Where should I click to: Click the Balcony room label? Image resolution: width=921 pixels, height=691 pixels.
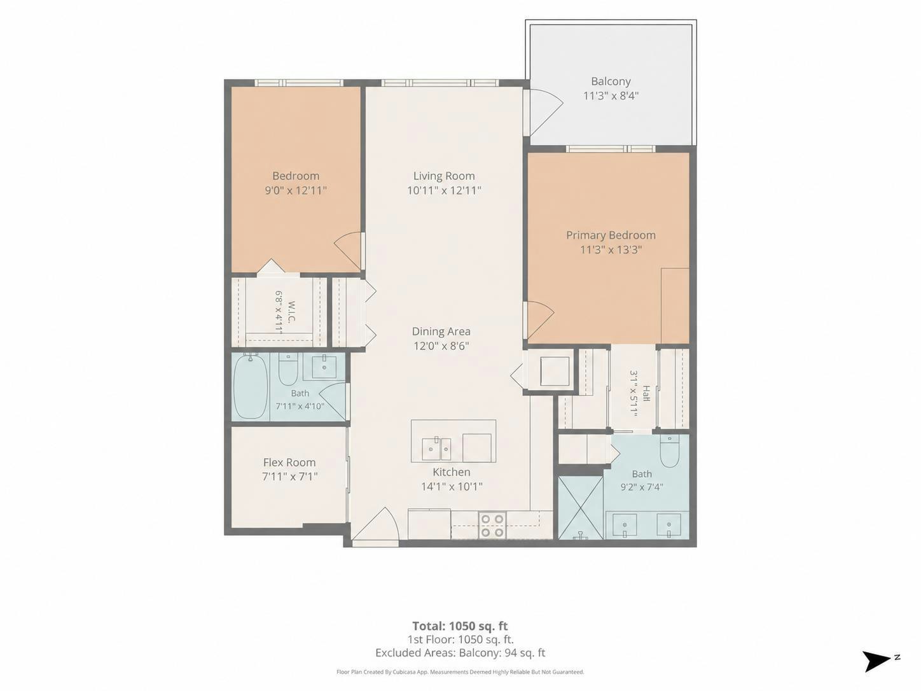611,81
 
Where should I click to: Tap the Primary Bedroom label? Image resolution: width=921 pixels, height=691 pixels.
611,235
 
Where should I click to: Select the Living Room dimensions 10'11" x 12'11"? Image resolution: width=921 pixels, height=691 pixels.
444,190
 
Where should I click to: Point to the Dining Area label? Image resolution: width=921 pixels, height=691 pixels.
441,332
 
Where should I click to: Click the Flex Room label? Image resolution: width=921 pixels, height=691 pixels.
289,463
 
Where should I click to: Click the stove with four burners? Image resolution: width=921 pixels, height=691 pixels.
492,526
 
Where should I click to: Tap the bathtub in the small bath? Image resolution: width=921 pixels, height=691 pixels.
251,386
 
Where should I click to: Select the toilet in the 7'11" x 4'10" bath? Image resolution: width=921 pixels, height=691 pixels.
288,369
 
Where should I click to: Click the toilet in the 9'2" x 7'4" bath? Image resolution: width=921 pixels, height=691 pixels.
670,451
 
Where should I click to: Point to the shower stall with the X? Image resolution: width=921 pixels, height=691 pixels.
581,508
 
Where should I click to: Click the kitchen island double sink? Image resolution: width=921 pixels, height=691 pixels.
436,449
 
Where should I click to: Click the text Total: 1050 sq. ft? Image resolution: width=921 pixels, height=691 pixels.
460,626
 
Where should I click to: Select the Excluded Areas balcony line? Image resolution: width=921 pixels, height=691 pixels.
460,653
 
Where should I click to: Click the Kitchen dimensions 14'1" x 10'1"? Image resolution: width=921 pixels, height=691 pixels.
452,487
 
